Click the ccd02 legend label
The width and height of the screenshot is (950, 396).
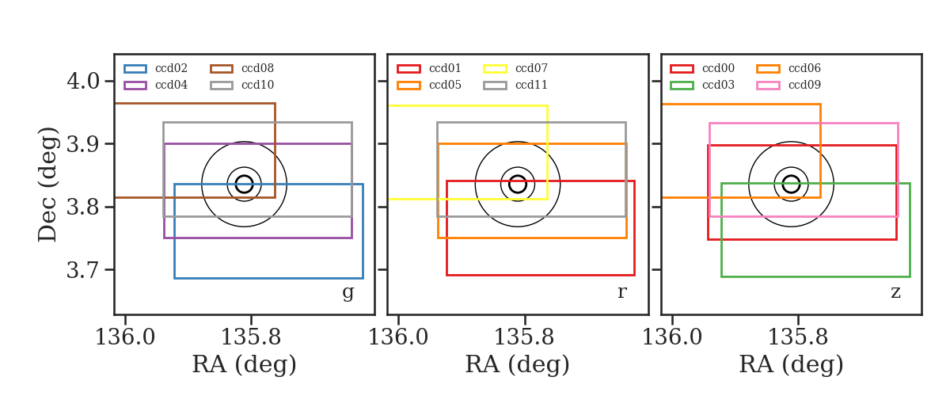point(171,68)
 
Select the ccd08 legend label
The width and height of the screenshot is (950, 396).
point(257,68)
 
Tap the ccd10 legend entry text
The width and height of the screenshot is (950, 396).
point(257,85)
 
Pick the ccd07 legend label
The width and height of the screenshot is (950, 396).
point(531,68)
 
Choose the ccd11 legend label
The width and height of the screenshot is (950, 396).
point(531,85)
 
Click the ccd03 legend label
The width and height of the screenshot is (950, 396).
point(718,85)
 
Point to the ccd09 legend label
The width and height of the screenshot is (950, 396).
point(804,85)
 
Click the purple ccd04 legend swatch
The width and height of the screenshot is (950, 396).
point(135,86)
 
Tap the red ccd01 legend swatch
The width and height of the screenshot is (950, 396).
point(408,69)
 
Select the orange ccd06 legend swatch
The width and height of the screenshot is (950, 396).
point(768,69)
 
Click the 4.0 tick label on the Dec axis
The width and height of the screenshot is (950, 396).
point(83,81)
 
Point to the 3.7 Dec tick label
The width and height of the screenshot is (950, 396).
point(83,270)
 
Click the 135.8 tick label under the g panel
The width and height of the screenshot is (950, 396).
point(251,337)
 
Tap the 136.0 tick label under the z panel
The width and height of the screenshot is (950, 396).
point(673,337)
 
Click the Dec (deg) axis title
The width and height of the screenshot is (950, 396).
point(47,185)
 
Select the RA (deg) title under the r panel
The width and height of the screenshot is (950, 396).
point(518,364)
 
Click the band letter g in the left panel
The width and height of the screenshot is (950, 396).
point(348,292)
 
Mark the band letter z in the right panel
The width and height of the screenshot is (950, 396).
point(895,292)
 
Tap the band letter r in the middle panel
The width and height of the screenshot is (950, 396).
point(621,292)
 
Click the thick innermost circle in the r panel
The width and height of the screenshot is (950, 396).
point(518,176)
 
